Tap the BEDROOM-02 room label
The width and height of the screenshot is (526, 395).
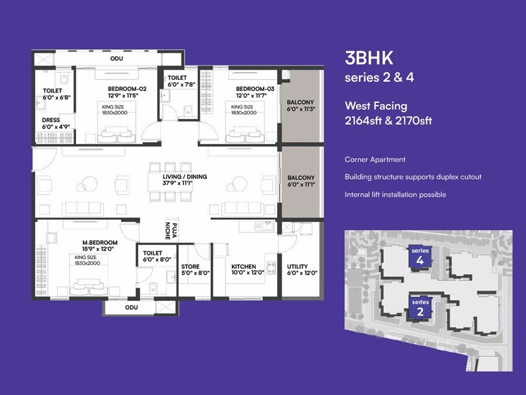[127, 88]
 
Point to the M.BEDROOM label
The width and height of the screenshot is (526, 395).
[99, 242]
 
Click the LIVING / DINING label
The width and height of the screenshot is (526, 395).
[185, 176]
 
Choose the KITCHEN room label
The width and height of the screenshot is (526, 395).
[244, 266]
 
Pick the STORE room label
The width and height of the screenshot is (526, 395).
[190, 266]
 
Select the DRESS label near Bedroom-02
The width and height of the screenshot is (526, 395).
[51, 121]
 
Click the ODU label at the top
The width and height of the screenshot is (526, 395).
[116, 59]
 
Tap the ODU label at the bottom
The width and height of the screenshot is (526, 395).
[131, 307]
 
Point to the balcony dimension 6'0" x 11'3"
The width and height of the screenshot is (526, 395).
[301, 109]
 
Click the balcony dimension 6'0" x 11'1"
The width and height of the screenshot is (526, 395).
[301, 185]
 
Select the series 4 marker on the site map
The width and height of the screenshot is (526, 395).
[420, 256]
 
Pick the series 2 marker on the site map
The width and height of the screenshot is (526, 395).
[420, 308]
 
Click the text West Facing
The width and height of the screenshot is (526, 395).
[376, 106]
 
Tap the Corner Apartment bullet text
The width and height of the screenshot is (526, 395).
[375, 160]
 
